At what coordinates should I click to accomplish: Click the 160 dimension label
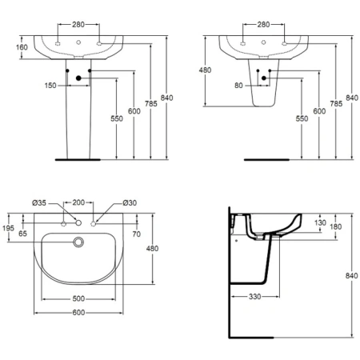click(22, 47)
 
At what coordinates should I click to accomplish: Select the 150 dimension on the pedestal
click(50, 86)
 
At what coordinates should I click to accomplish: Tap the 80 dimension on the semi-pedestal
click(238, 86)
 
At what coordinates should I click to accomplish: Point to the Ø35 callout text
click(39, 203)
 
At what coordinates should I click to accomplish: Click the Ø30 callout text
click(130, 203)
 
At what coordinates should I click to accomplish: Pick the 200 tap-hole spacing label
click(78, 202)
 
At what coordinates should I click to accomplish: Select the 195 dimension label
click(8, 228)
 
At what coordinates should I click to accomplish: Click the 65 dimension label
click(22, 234)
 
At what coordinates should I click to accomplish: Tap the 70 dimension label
click(136, 234)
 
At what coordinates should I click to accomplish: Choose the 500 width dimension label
click(78, 298)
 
